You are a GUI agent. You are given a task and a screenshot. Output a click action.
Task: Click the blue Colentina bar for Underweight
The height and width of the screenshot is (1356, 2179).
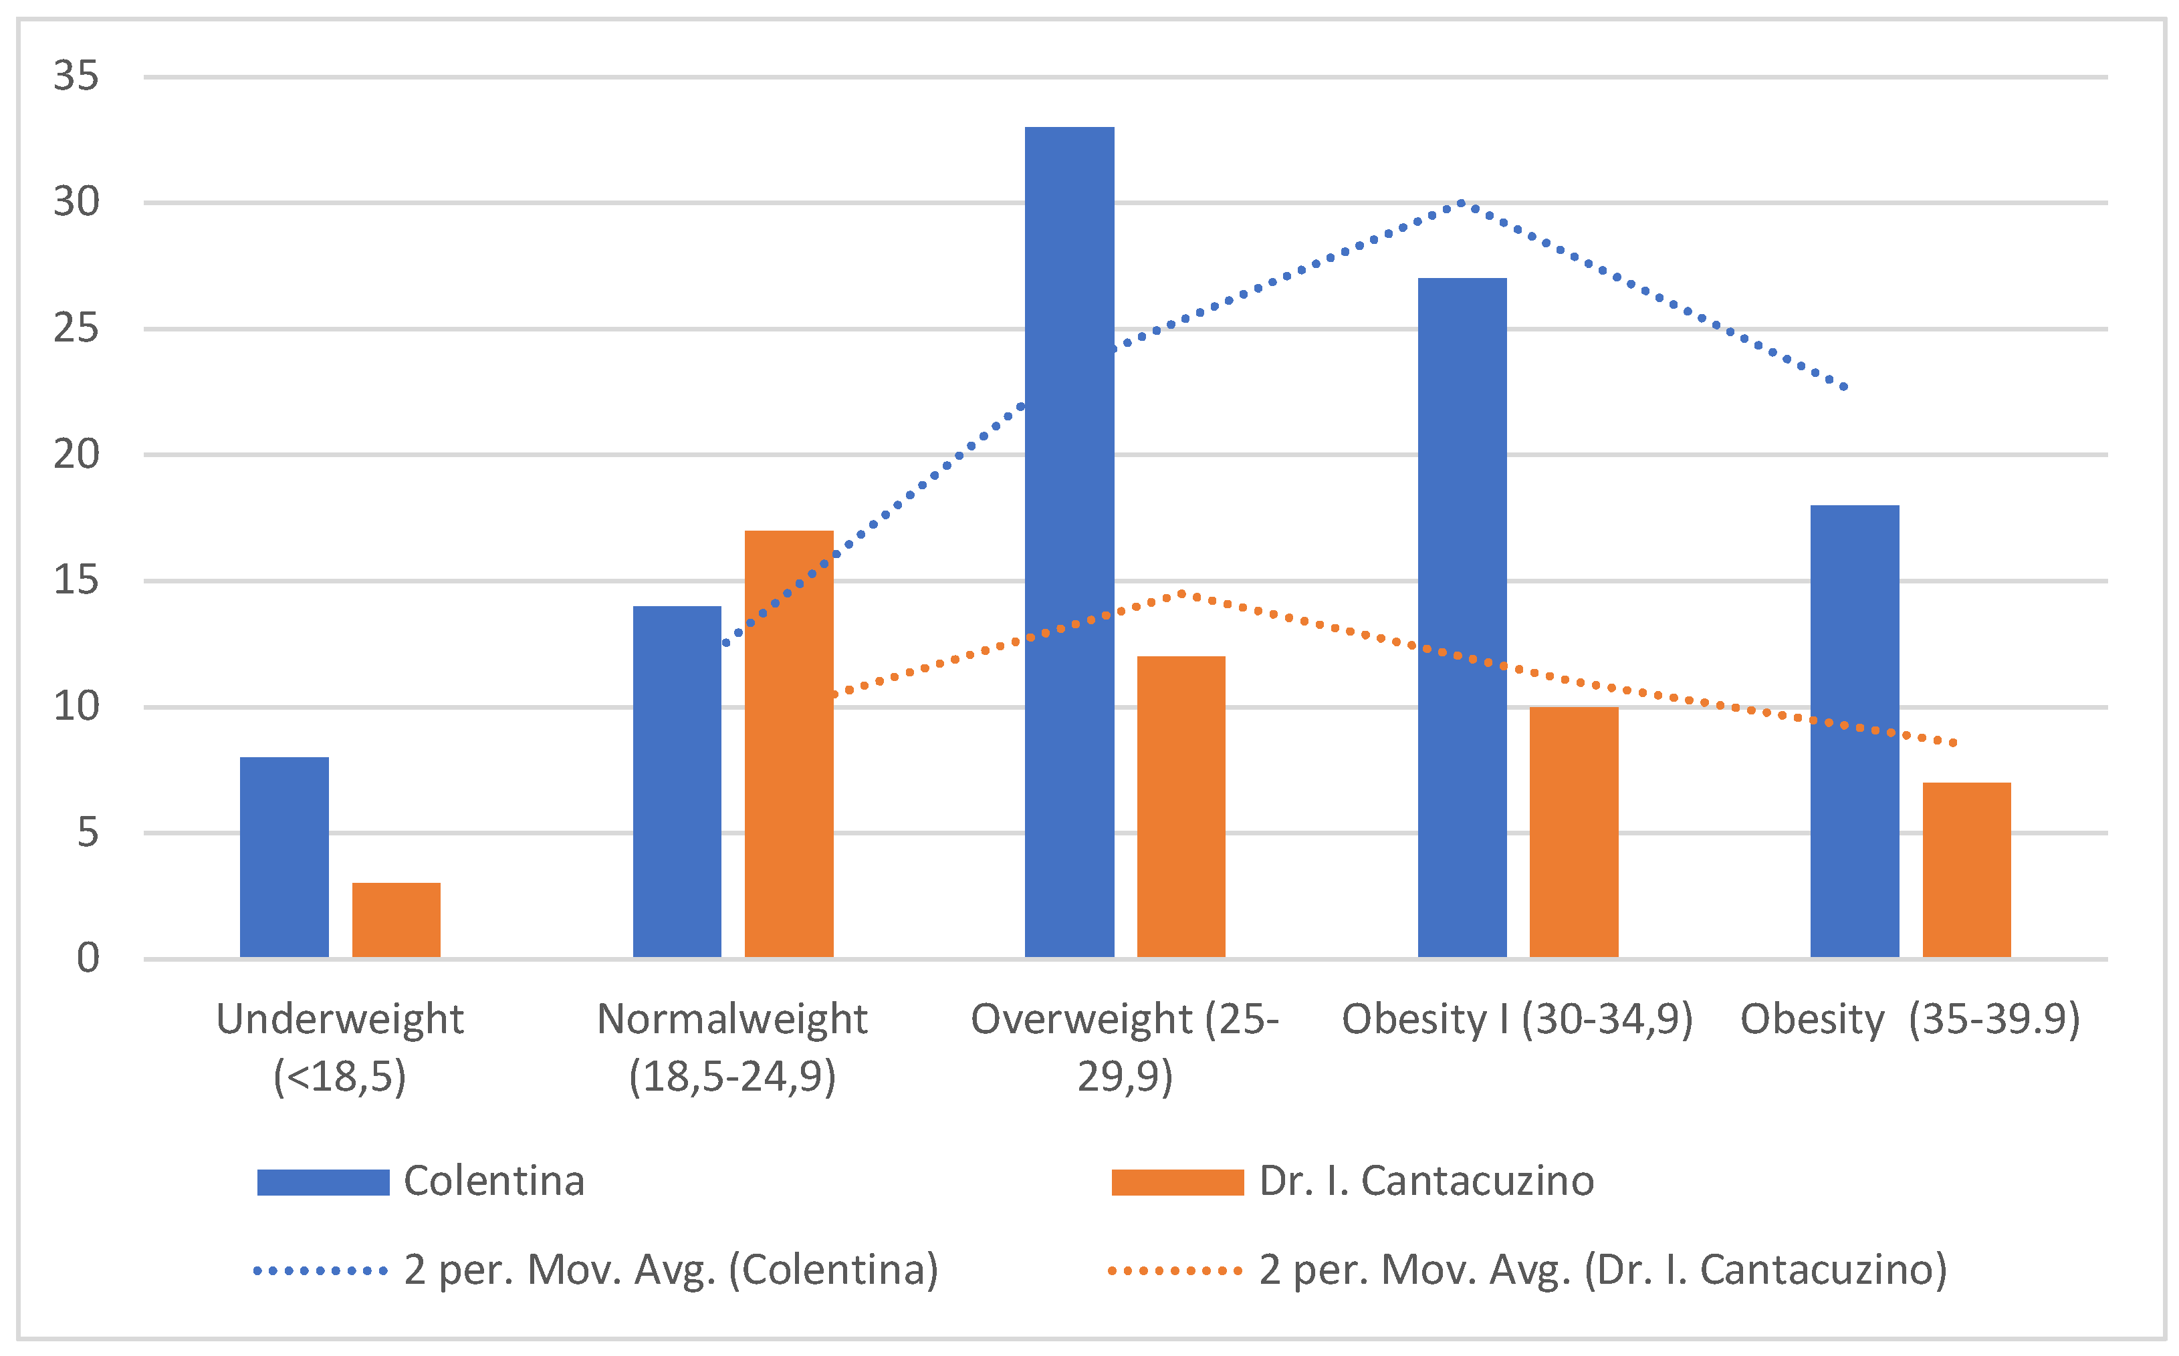(284, 857)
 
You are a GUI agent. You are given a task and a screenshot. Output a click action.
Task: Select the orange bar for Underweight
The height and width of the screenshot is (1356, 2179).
(396, 920)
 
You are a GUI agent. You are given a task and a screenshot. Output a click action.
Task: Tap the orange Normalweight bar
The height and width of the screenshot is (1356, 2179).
(788, 744)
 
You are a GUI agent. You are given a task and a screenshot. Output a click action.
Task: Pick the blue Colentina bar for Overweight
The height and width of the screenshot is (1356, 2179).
(1069, 543)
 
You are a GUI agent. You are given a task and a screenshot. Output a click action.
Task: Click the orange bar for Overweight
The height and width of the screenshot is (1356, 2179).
(1181, 807)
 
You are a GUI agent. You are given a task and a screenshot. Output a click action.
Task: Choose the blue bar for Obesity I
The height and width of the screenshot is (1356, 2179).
(1462, 618)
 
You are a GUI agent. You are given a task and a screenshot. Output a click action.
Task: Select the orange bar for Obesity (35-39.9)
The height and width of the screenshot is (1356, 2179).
(1966, 870)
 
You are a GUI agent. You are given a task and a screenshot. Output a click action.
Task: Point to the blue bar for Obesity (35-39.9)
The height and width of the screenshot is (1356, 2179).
(1854, 732)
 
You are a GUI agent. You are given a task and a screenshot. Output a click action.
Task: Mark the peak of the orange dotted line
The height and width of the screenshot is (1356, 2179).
(1181, 593)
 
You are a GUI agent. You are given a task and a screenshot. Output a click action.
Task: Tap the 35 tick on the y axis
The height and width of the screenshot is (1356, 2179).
(76, 76)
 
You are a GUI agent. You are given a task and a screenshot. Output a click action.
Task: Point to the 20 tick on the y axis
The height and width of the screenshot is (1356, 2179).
(76, 454)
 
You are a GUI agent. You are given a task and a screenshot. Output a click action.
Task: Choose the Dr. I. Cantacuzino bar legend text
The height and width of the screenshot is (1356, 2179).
(1426, 1181)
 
